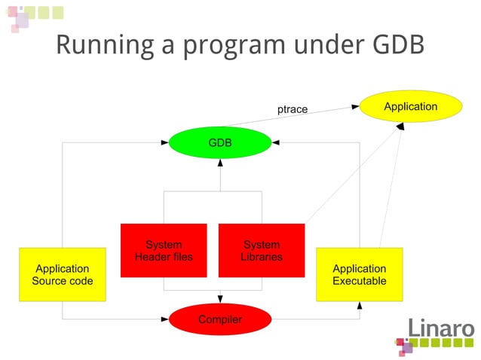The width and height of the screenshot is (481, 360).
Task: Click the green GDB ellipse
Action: click(219, 142)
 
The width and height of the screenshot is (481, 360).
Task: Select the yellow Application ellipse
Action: click(410, 106)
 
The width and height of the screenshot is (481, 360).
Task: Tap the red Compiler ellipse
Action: click(219, 319)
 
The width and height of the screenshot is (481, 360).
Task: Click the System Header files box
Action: click(164, 250)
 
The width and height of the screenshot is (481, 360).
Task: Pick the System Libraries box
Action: click(262, 250)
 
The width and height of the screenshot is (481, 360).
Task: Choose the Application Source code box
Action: click(62, 274)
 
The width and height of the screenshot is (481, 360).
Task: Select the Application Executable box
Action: click(359, 274)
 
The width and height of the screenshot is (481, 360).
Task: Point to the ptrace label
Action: click(293, 109)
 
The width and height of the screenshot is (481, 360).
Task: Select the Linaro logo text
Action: click(441, 328)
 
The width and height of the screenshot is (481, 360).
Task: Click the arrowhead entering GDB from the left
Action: click(165, 142)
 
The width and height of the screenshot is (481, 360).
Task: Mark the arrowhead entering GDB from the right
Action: click(275, 142)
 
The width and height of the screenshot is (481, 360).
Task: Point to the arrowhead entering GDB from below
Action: click(219, 162)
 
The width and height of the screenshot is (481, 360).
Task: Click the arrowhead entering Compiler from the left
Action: click(165, 319)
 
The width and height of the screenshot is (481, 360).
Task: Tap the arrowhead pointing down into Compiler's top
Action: click(219, 300)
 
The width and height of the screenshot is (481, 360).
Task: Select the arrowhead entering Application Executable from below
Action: click(360, 305)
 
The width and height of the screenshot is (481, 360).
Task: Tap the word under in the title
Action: click(326, 44)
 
